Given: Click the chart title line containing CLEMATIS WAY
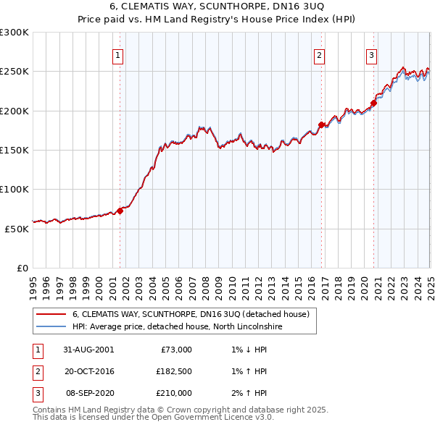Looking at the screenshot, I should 217,7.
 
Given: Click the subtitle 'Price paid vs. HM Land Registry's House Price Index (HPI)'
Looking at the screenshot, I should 217,20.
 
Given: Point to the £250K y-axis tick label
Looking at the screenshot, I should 14,72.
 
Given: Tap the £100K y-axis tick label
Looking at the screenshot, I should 14,189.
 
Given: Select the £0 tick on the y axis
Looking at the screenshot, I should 23,268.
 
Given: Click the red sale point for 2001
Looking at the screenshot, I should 120,211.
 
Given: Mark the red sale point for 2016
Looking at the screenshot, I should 321,124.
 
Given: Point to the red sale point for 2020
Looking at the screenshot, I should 374,103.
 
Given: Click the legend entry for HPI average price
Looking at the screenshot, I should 177,327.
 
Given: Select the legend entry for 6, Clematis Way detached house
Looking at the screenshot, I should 191,314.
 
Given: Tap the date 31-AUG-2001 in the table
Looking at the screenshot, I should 88,350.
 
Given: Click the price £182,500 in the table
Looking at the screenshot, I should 173,371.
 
